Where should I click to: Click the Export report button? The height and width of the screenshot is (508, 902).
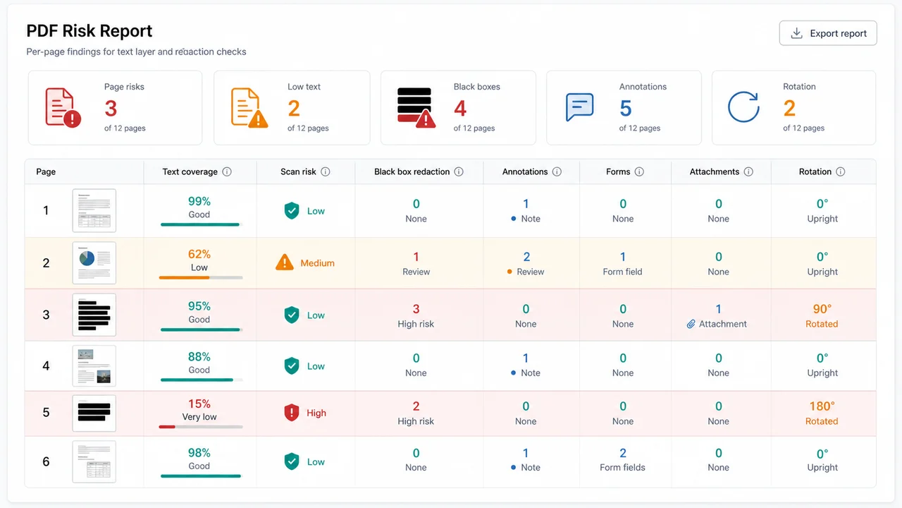click(828, 33)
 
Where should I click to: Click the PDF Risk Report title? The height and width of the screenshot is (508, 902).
click(89, 31)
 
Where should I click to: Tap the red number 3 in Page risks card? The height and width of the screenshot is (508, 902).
click(111, 108)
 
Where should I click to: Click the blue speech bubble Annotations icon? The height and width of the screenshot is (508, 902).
click(579, 107)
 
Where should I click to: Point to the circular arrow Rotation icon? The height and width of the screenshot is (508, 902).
click(743, 107)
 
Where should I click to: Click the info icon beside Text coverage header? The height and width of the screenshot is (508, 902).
click(227, 171)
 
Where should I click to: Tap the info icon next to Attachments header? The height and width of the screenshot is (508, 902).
click(748, 171)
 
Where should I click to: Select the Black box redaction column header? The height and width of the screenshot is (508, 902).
click(412, 171)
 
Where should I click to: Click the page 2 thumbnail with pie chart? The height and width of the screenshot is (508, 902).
click(94, 263)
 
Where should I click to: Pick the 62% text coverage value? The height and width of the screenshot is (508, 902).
click(199, 254)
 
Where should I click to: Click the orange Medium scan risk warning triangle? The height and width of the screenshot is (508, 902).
click(285, 262)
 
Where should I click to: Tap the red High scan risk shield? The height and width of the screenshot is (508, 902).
click(292, 413)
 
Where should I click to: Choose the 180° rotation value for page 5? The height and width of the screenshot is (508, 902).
click(822, 406)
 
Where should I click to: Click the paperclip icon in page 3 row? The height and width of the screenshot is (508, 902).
click(691, 324)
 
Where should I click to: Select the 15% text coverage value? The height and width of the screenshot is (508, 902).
click(199, 404)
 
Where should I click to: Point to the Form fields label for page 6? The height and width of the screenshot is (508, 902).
click(622, 467)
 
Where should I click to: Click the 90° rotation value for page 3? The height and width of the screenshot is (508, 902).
click(822, 309)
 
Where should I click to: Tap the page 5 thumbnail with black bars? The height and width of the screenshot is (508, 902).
click(94, 413)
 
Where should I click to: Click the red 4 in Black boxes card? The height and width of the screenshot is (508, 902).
click(460, 108)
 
